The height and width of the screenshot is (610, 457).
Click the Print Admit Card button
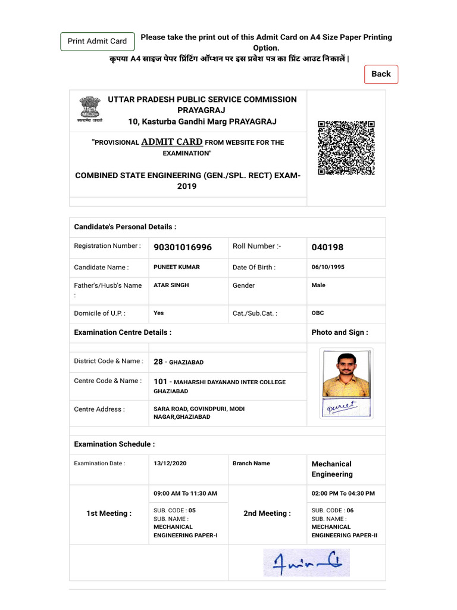[97, 41]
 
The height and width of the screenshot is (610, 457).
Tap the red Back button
[381, 74]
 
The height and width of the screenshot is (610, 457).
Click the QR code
[346, 147]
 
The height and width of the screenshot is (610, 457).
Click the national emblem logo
[89, 109]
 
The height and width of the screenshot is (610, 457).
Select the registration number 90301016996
[182, 247]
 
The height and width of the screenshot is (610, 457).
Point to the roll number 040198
[327, 247]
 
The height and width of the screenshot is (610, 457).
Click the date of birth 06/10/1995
[328, 267]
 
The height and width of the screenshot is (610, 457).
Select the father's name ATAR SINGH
[171, 285]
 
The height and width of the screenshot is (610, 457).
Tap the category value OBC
[318, 313]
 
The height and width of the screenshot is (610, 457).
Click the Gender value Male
[318, 285]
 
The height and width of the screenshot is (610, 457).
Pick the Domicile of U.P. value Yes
[159, 313]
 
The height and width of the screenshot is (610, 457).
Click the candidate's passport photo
[346, 374]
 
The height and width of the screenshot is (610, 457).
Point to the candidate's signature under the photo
[346, 408]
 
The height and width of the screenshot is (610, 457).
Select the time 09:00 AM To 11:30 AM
[185, 493]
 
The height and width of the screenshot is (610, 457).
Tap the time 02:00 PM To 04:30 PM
[343, 493]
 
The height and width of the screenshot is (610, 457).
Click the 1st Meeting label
[109, 513]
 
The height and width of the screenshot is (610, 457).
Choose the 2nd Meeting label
[267, 513]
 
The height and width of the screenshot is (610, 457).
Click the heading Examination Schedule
[114, 444]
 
